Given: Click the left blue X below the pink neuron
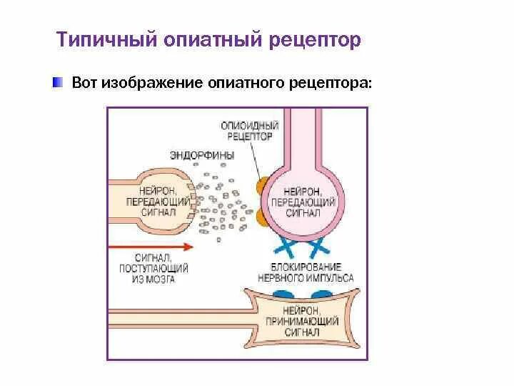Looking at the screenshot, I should click(286, 249).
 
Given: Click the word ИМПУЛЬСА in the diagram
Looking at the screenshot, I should click(331, 279).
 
